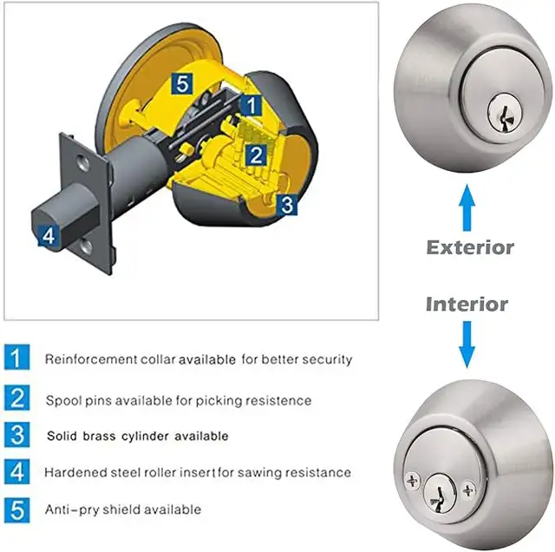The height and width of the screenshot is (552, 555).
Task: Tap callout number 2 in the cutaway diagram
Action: [x=257, y=155]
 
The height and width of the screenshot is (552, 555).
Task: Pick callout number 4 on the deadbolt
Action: [x=49, y=235]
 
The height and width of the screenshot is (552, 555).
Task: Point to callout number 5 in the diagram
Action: [x=180, y=84]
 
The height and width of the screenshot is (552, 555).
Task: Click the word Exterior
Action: [x=470, y=247]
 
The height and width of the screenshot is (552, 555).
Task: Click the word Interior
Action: [x=467, y=304]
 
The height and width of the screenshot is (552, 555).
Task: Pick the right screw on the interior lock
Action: [x=469, y=490]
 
